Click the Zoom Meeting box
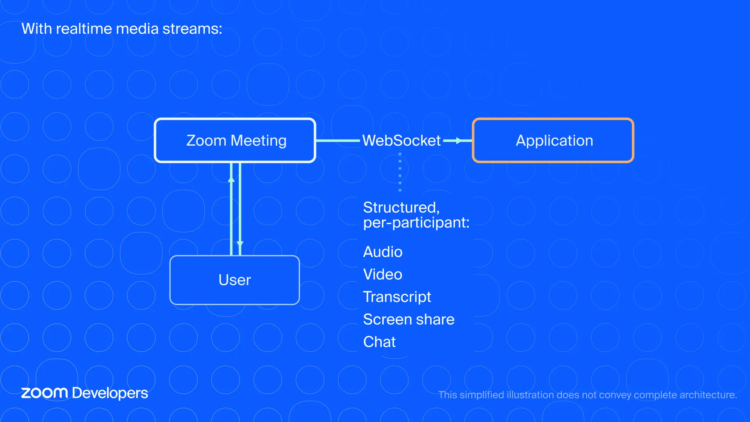(x=235, y=140)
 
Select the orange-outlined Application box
(x=553, y=140)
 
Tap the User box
(x=234, y=280)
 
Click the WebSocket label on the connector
(x=401, y=141)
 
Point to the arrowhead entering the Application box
(x=459, y=141)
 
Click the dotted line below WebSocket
(x=400, y=172)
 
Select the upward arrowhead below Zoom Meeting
(x=231, y=179)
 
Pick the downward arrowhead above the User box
(x=240, y=244)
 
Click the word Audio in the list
(x=382, y=252)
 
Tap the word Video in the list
(x=382, y=274)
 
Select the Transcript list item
(x=396, y=297)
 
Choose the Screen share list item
(x=408, y=320)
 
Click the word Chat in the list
(x=379, y=342)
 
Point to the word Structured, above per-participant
(x=401, y=207)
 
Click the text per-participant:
(x=416, y=223)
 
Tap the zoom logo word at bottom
(x=44, y=393)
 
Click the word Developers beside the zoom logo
(x=110, y=393)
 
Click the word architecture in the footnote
(x=707, y=395)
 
